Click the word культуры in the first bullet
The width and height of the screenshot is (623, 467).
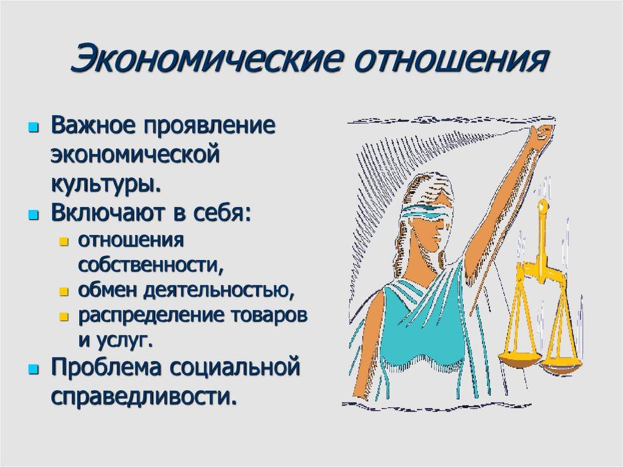(106, 182)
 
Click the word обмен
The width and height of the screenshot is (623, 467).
(107, 291)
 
